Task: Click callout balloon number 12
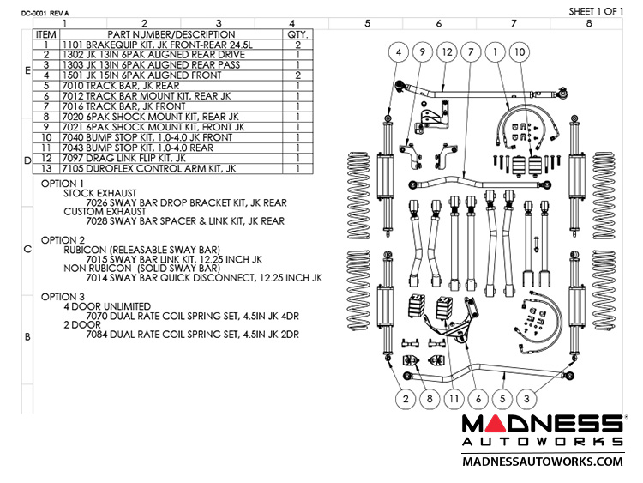[x=448, y=52]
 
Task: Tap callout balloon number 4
[x=400, y=52]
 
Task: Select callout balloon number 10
[x=542, y=52]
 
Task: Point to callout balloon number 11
[x=453, y=397]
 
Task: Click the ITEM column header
[x=45, y=35]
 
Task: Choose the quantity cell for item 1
[x=297, y=45]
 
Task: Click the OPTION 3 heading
[x=63, y=296]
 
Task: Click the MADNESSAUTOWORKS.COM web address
[x=542, y=462]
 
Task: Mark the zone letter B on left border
[x=27, y=337]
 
